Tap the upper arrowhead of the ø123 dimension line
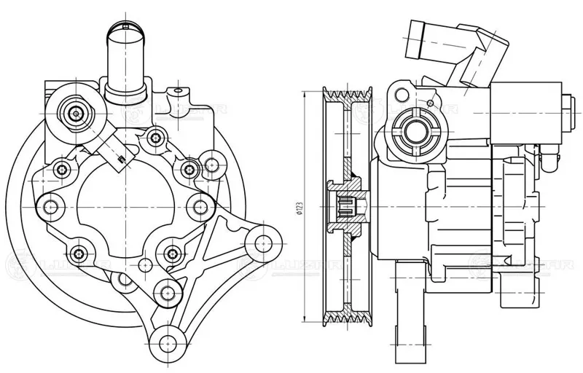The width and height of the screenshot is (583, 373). tap(304, 93)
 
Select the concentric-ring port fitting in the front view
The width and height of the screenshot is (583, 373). tap(77, 113)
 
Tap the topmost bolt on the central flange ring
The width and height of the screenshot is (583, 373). tap(155, 136)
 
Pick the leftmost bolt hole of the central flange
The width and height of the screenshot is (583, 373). tap(52, 207)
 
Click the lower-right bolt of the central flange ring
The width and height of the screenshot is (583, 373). tap(172, 254)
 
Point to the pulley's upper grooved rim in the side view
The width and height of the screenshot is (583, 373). tap(351, 95)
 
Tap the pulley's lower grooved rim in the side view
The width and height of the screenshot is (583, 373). tap(351, 321)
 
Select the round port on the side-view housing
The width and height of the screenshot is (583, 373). tap(416, 131)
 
